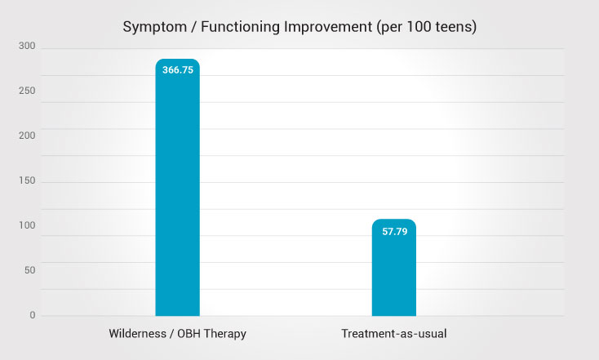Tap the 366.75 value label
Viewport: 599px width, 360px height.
pos(177,70)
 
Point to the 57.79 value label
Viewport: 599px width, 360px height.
pos(393,231)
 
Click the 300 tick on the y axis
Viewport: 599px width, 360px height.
pos(27,47)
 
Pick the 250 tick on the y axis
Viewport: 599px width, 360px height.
pos(27,91)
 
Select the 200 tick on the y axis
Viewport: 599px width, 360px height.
pos(27,136)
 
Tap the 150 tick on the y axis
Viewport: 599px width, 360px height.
pos(27,181)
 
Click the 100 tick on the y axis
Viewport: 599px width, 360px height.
pos(27,225)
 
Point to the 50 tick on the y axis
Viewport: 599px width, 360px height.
pos(29,270)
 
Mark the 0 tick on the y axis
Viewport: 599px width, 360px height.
pos(33,315)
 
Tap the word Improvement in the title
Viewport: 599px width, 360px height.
pos(331,26)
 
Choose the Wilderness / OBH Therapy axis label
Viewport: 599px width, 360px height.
pos(177,334)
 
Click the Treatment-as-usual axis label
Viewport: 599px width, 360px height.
pos(393,334)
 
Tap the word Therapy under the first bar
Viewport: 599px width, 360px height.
pos(224,334)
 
